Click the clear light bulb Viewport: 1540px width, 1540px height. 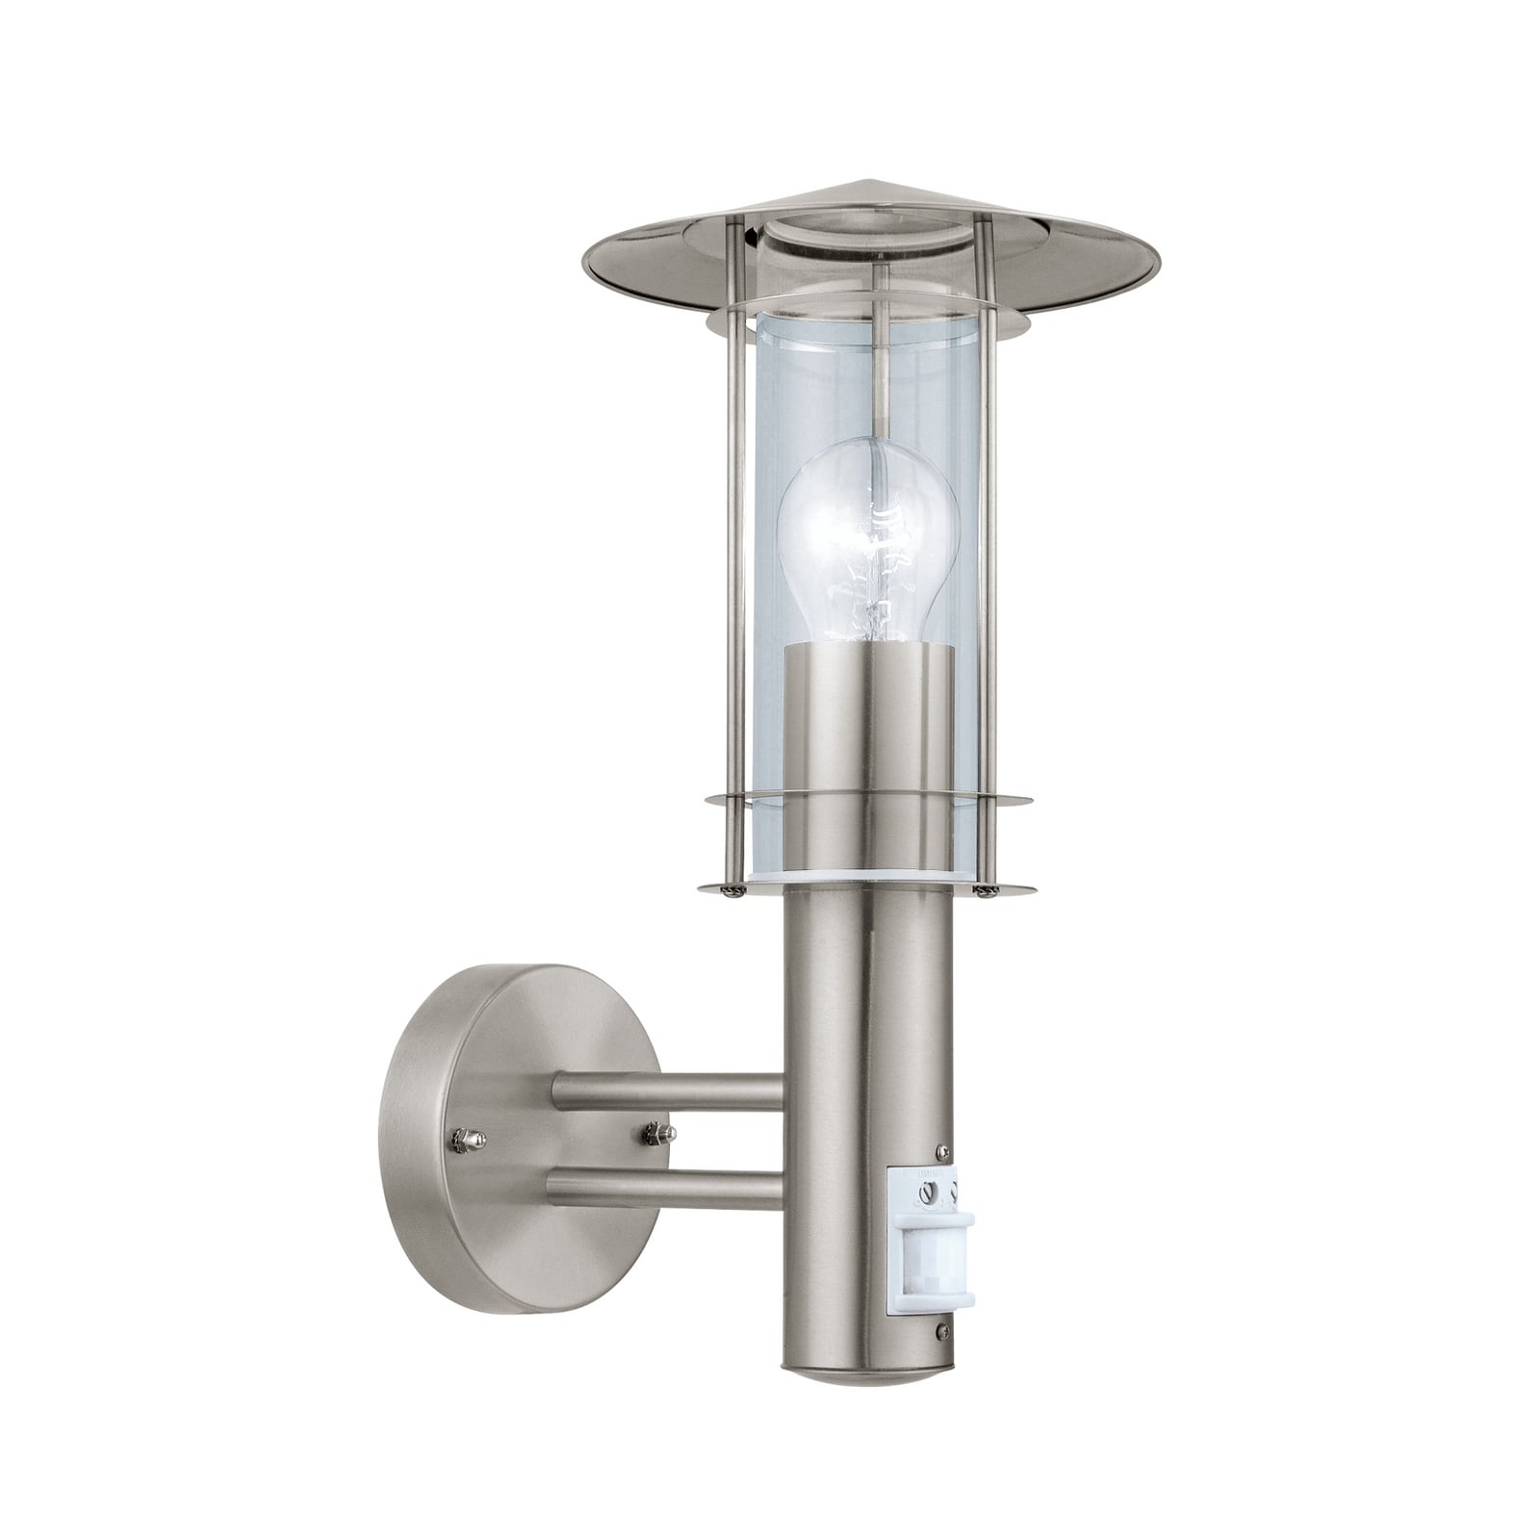[x=867, y=539]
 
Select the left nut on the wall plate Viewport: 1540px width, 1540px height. [x=469, y=1141]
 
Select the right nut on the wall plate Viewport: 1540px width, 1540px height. [x=659, y=1132]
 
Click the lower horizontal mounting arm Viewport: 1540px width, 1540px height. [x=674, y=1189]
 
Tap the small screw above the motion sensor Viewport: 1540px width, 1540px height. [x=941, y=1151]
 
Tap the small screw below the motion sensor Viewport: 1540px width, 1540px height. [x=942, y=1331]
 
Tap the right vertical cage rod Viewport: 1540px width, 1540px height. [x=986, y=549]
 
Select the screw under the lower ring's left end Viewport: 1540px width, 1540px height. [x=735, y=891]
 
